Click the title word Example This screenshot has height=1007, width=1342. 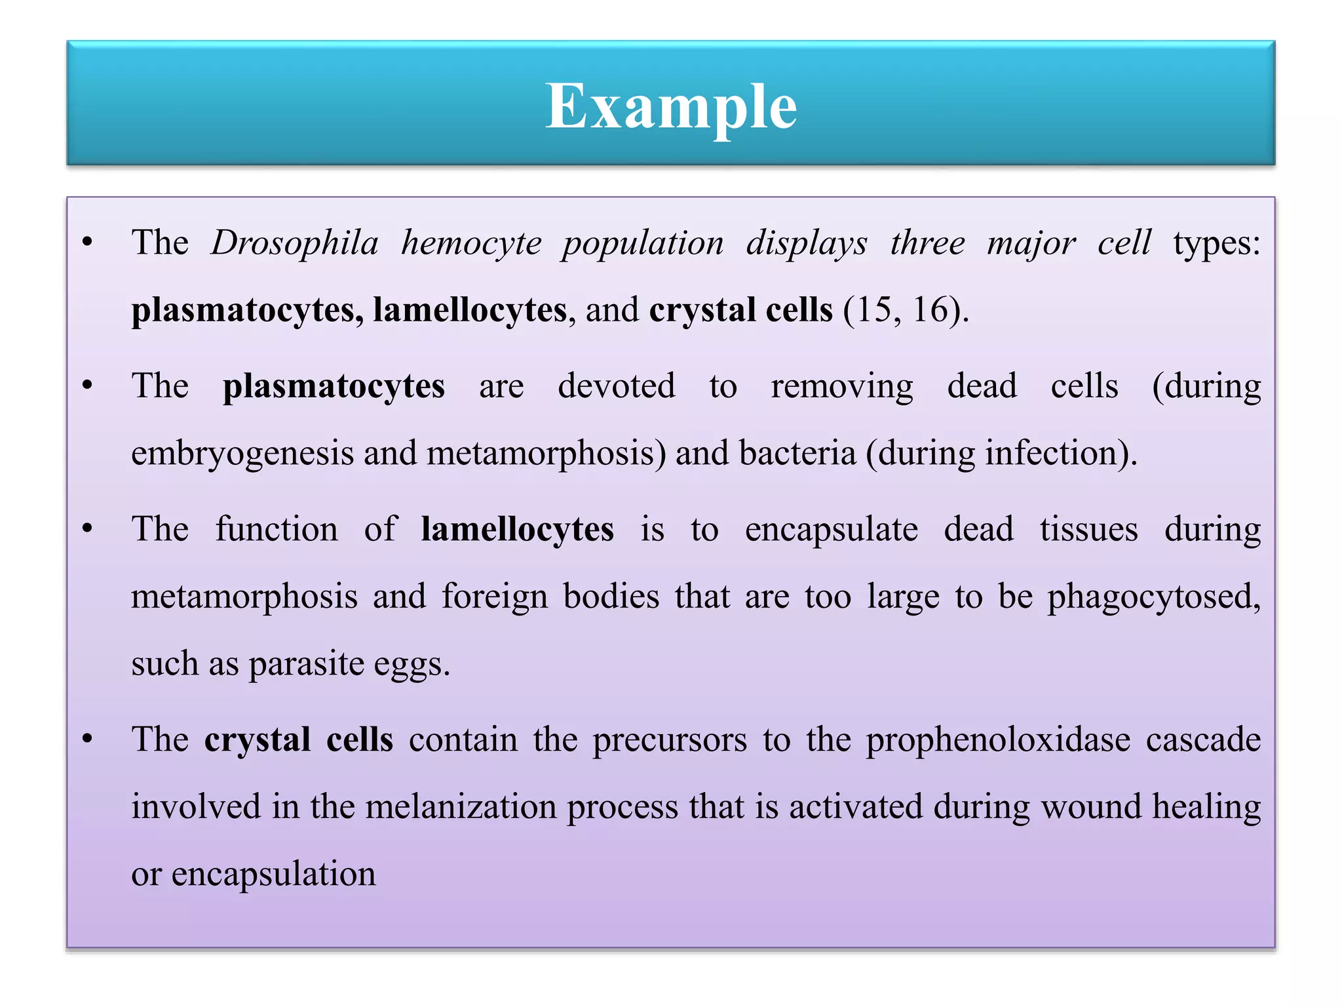click(671, 106)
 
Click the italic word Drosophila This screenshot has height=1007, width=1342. click(295, 243)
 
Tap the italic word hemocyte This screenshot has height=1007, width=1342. click(471, 243)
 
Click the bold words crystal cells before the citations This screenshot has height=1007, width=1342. click(740, 310)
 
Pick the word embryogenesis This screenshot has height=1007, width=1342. click(242, 454)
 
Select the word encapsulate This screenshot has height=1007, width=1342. click(831, 530)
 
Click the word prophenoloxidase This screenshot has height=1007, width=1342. click(998, 740)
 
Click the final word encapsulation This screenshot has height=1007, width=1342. click(273, 875)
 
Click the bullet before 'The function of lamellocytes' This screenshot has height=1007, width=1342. click(88, 528)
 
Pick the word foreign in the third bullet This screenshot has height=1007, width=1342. click(495, 597)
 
